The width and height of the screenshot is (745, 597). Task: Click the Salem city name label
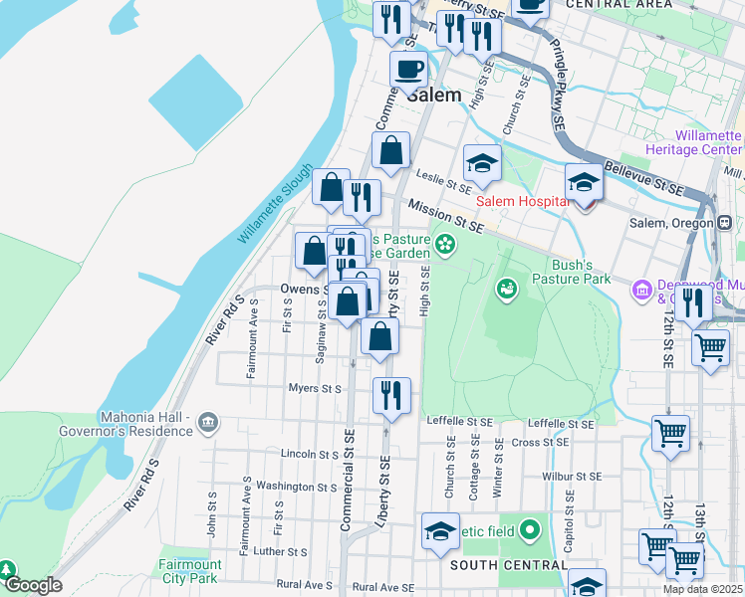[434, 97]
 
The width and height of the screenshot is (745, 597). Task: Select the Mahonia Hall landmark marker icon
[208, 422]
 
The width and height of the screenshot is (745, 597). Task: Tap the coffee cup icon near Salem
[408, 72]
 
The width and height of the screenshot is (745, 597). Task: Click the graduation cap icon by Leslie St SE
[483, 163]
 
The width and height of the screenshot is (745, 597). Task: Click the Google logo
[32, 586]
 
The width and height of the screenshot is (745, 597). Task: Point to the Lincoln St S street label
[311, 454]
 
